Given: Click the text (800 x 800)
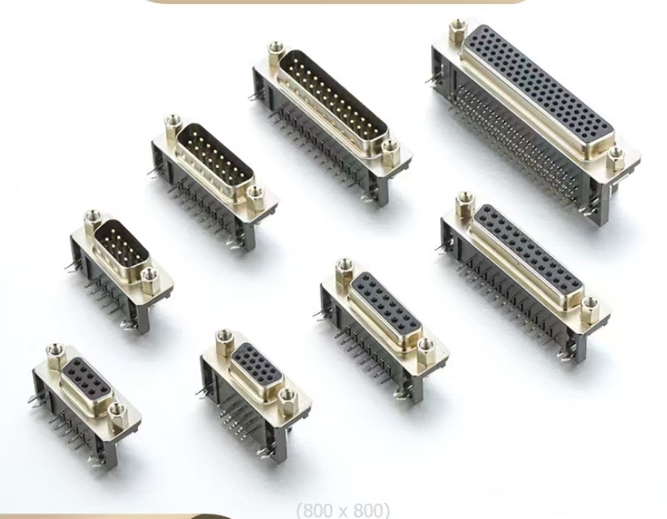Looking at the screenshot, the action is (x=343, y=510).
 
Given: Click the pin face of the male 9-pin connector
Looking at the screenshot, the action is (x=122, y=246).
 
